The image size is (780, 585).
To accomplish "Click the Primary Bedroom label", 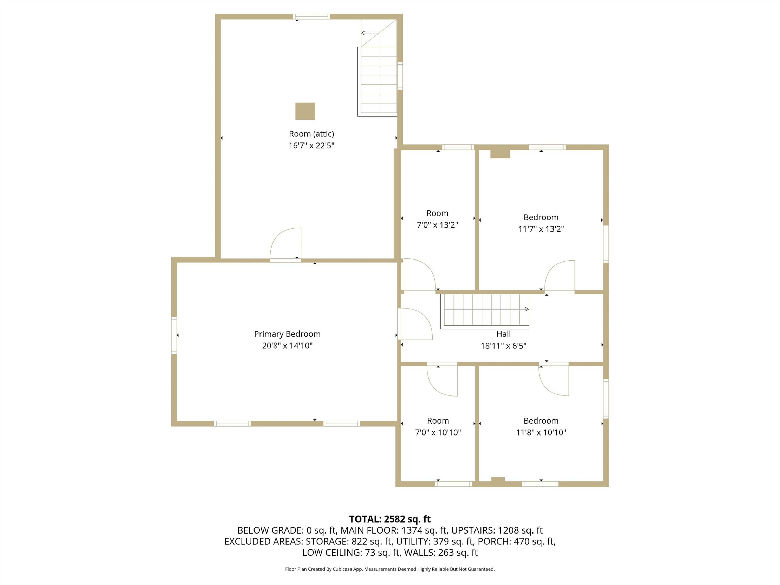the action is coord(287,334).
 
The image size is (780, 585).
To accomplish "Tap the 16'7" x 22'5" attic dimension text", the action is coord(311,145).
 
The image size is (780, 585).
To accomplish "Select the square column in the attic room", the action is coord(305,112).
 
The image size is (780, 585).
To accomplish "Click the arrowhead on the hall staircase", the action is coord(527,309).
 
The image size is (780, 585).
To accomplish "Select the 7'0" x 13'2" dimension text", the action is coord(437,225).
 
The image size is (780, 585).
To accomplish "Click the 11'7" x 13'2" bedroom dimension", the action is coord(541,229).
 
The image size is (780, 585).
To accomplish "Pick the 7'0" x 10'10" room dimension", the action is coord(438,432).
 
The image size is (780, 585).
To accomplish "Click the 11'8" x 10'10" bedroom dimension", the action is coord(541,432).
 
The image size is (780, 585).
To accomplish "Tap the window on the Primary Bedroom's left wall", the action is coord(174,335).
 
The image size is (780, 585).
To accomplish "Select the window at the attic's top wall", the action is coord(311,16).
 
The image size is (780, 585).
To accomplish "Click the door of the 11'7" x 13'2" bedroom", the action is coord(560,276).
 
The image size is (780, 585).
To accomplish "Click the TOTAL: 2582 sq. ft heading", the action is coord(390,519).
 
